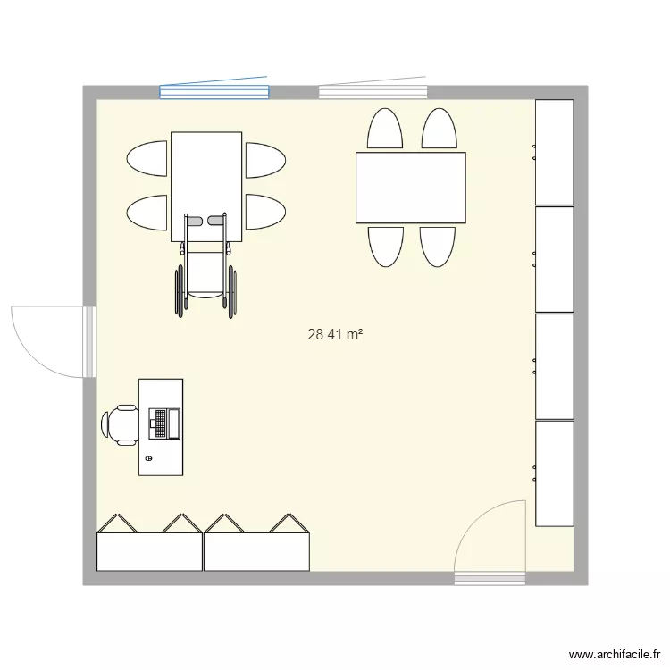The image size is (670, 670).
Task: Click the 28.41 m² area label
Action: coord(335,335)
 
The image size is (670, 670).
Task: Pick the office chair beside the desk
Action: coord(121,423)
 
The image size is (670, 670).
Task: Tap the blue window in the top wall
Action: coord(214,90)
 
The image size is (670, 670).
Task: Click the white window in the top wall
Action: coord(373,90)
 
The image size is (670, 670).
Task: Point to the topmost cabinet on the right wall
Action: coord(554,152)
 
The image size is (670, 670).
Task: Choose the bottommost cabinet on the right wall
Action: coord(554,473)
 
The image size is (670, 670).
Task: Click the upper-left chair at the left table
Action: coord(148,160)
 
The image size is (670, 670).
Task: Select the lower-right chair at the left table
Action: coord(264,213)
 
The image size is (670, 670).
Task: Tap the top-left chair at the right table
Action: coord(385,130)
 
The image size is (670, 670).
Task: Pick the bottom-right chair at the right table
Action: coord(439,246)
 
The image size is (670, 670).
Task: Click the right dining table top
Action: coord(411,188)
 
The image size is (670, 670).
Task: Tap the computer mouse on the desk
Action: coord(149,458)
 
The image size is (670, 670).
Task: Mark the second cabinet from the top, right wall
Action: coord(554,259)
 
